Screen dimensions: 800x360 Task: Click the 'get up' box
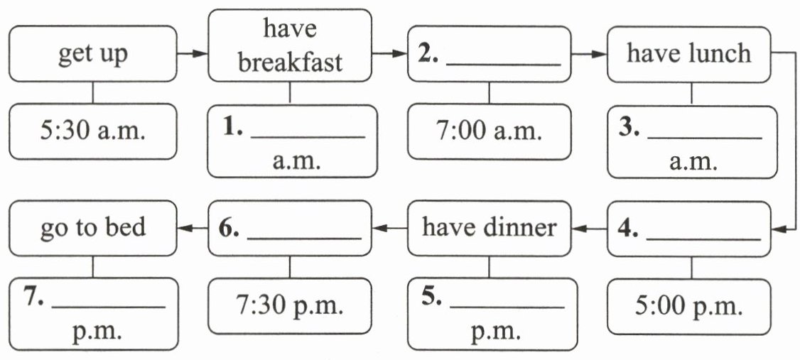[93, 55]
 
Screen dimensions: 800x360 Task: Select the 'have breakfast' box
[289, 46]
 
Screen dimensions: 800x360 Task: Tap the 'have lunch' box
[688, 54]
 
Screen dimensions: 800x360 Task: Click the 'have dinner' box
[489, 228]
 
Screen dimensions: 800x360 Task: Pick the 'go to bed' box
[93, 228]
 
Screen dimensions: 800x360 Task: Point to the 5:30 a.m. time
[93, 131]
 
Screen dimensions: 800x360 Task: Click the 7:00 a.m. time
[489, 131]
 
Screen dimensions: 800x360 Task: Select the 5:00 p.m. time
[688, 307]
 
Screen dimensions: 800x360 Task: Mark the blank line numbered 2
[506, 65]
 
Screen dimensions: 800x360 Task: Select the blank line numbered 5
[507, 308]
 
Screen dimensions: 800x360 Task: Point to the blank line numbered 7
[109, 307]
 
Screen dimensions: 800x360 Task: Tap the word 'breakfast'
[289, 62]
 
